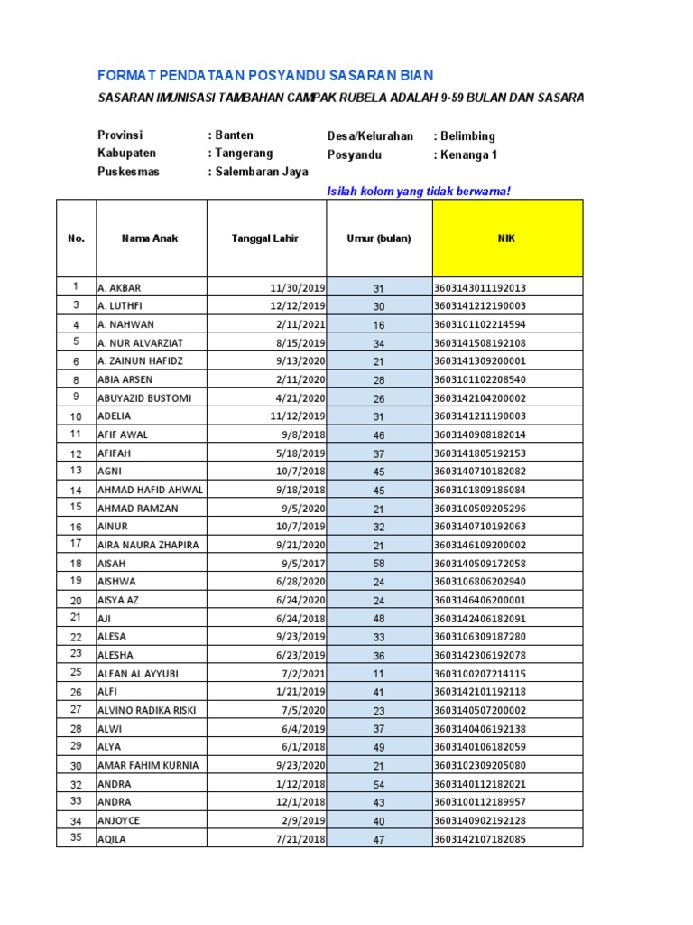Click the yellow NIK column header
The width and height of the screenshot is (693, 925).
(x=507, y=238)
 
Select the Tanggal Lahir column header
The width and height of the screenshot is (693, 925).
(x=264, y=238)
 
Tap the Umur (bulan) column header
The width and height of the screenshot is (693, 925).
(x=379, y=238)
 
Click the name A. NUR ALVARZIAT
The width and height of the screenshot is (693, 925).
(x=140, y=343)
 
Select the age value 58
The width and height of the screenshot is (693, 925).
(x=379, y=564)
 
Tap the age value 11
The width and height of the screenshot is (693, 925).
(x=379, y=674)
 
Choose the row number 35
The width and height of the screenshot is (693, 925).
(x=76, y=838)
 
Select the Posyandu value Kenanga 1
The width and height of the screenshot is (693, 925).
(x=468, y=154)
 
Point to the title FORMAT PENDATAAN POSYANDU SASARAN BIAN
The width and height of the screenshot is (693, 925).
(x=265, y=75)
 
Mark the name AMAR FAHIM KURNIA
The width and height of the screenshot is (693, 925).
(x=148, y=765)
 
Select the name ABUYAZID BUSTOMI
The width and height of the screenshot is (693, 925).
(x=144, y=398)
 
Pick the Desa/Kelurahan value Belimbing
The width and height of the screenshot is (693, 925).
(x=467, y=136)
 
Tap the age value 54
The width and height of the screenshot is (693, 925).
(x=379, y=784)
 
